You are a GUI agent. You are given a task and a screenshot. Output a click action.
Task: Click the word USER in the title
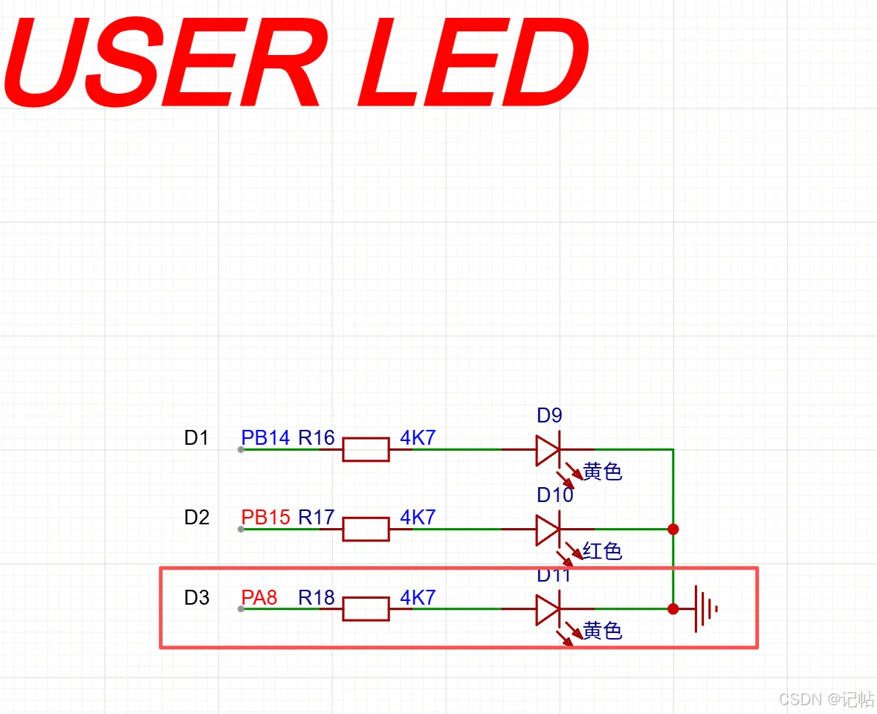162,62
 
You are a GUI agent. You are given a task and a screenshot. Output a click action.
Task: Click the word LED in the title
473,62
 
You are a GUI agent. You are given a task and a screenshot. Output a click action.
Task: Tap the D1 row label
196,437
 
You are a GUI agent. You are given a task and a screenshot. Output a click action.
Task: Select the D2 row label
196,518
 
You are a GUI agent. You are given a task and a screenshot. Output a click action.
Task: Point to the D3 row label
196,598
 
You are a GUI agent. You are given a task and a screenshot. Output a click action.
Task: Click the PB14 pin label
265,437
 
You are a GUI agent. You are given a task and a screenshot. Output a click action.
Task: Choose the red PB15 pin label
265,518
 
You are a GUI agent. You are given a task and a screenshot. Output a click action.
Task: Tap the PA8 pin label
259,598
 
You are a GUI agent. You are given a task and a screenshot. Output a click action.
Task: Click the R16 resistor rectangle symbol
366,449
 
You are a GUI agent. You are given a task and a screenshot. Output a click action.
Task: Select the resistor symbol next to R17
366,530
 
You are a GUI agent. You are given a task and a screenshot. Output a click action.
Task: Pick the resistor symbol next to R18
366,609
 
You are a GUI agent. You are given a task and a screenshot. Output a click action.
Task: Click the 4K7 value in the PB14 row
418,437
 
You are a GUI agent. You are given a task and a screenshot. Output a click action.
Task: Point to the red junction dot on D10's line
673,530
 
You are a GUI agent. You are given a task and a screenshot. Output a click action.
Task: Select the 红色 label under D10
602,551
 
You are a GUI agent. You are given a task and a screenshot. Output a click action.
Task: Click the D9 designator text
549,415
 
